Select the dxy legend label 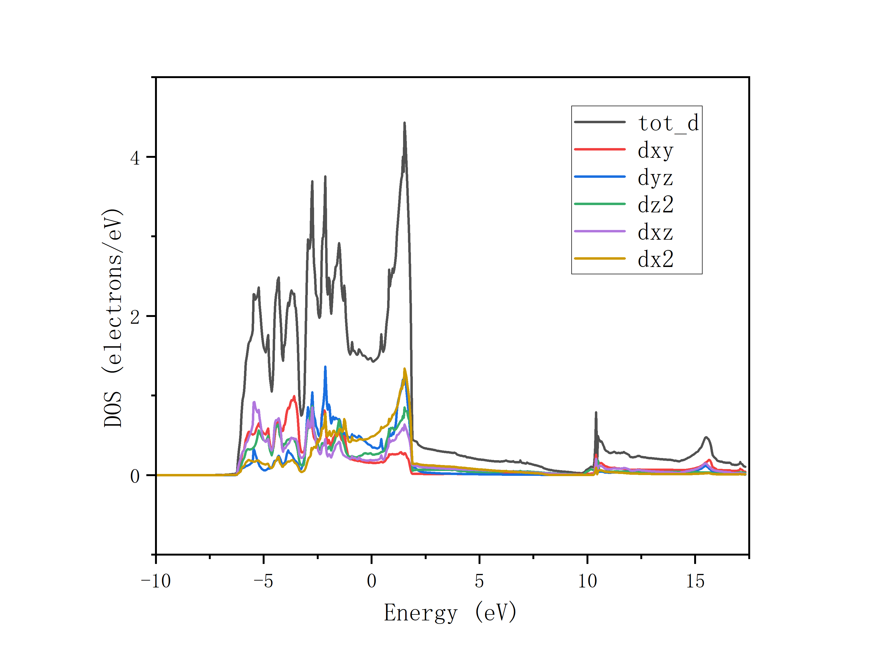click(655, 151)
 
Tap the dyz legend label click(655, 178)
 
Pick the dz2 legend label click(655, 205)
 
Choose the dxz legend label click(655, 232)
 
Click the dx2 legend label click(655, 259)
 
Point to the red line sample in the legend click(599, 149)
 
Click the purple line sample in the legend click(599, 231)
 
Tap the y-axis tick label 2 click(135, 317)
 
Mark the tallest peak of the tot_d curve click(404, 123)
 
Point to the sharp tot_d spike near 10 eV click(596, 413)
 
